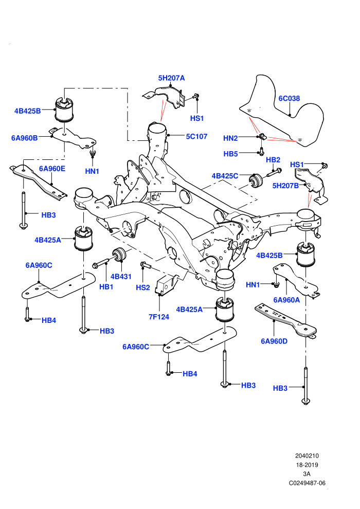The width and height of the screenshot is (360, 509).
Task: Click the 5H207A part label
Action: (x=171, y=78)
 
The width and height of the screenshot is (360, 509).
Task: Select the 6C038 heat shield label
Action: (x=289, y=98)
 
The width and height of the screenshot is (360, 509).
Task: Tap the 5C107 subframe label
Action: (x=196, y=136)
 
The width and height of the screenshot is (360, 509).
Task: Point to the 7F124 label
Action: (x=159, y=317)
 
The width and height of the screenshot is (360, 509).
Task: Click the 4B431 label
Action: (x=121, y=277)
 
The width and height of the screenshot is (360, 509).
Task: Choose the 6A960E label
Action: (x=52, y=169)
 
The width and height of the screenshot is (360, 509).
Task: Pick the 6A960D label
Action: (x=274, y=341)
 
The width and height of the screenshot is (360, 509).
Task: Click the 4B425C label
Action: (x=225, y=176)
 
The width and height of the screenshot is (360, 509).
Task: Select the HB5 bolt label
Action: (x=230, y=154)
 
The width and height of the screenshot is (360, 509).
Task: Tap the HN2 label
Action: (x=230, y=138)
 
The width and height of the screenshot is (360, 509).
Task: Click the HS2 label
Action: (x=143, y=287)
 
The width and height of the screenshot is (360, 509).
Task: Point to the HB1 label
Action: (x=106, y=287)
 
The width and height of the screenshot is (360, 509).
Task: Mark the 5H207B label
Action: (x=285, y=186)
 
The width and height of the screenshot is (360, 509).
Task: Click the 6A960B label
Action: (x=24, y=138)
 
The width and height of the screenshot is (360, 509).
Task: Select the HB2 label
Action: (x=273, y=160)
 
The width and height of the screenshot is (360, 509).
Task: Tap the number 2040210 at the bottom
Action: (x=307, y=456)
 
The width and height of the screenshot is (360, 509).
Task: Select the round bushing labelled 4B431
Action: (x=119, y=254)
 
